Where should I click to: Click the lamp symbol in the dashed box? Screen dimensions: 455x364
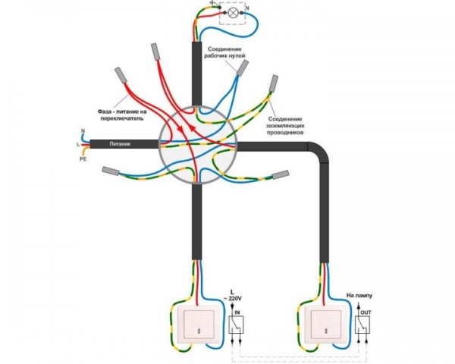pyautogui.click(x=232, y=12)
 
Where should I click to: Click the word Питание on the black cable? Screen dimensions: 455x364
pyautogui.click(x=120, y=143)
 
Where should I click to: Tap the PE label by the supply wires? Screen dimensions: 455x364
pyautogui.click(x=83, y=158)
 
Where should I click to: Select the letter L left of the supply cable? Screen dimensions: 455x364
pyautogui.click(x=77, y=144)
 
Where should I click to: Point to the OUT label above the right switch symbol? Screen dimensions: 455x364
pyautogui.click(x=366, y=312)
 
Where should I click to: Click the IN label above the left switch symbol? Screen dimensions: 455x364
pyautogui.click(x=237, y=312)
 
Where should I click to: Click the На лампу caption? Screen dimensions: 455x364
pyautogui.click(x=359, y=296)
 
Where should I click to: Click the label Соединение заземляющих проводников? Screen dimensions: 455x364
pyautogui.click(x=285, y=126)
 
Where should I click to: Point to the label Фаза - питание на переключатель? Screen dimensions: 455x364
pyautogui.click(x=122, y=115)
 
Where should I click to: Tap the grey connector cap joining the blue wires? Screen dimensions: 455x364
pyautogui.click(x=242, y=67)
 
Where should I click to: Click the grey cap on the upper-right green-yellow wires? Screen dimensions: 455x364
pyautogui.click(x=274, y=83)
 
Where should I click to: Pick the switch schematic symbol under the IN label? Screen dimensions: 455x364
pyautogui.click(x=236, y=325)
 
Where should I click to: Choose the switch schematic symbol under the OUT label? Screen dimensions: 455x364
pyautogui.click(x=362, y=325)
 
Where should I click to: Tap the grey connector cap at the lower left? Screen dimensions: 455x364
pyautogui.click(x=110, y=171)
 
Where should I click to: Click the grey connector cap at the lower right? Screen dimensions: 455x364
pyautogui.click(x=281, y=174)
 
